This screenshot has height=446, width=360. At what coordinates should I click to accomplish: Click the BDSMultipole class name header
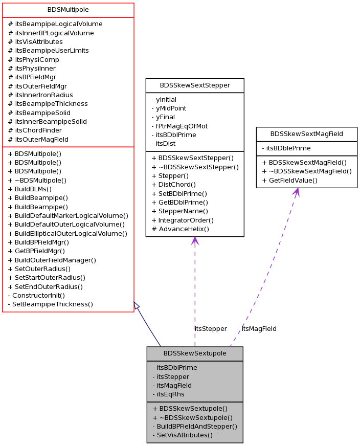[x=68, y=10]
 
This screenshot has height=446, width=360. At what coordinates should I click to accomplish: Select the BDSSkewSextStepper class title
[x=194, y=85]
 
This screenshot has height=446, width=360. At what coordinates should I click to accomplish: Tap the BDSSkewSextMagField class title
[x=306, y=134]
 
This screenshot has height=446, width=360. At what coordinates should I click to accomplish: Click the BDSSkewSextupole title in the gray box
[x=194, y=353]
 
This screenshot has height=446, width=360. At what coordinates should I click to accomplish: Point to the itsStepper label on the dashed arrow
[x=211, y=328]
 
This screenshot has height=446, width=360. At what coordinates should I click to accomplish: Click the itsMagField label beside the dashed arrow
[x=259, y=328]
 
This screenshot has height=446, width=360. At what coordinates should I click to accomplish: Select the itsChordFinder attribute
[x=35, y=130]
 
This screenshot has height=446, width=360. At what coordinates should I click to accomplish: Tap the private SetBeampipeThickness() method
[x=50, y=304]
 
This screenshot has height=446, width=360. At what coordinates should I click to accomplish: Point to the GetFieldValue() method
[x=289, y=180]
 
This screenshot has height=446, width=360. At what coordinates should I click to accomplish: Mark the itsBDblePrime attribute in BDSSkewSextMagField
[x=286, y=148]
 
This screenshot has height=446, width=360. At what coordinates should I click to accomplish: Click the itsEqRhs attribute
[x=168, y=394]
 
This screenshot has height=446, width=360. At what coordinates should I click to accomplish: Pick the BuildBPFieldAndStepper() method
[x=194, y=426]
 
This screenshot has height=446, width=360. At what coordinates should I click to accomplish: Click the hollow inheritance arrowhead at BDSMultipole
[x=137, y=305]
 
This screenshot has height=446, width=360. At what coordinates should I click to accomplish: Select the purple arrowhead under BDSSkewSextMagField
[x=296, y=192]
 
